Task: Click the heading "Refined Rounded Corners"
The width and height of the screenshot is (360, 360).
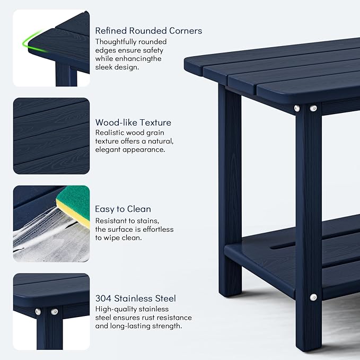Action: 148,31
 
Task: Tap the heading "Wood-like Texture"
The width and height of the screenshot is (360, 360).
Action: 133,122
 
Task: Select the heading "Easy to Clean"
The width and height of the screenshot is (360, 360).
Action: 123,209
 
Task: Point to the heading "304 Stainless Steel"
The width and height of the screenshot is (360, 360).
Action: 136,298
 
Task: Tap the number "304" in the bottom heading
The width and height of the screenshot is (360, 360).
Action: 104,298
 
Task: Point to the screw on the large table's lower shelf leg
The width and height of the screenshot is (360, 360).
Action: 313,297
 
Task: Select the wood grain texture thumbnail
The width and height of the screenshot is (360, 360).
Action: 51,136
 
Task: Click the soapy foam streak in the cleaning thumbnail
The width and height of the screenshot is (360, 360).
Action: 37,233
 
